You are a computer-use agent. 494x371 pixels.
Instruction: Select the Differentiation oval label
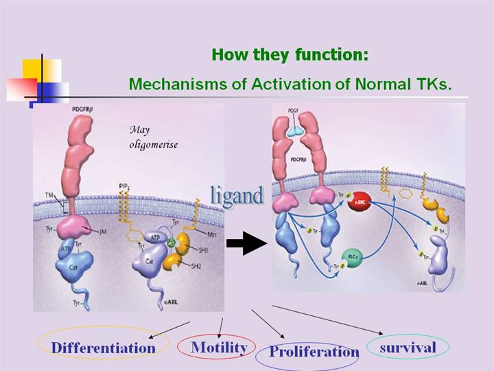[103, 347]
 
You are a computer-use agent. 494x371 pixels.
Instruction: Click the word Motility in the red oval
[219, 347]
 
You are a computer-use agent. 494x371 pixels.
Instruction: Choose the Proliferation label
[314, 352]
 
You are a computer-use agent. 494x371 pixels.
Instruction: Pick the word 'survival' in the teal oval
[408, 347]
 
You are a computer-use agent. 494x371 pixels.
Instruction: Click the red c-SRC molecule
[359, 205]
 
